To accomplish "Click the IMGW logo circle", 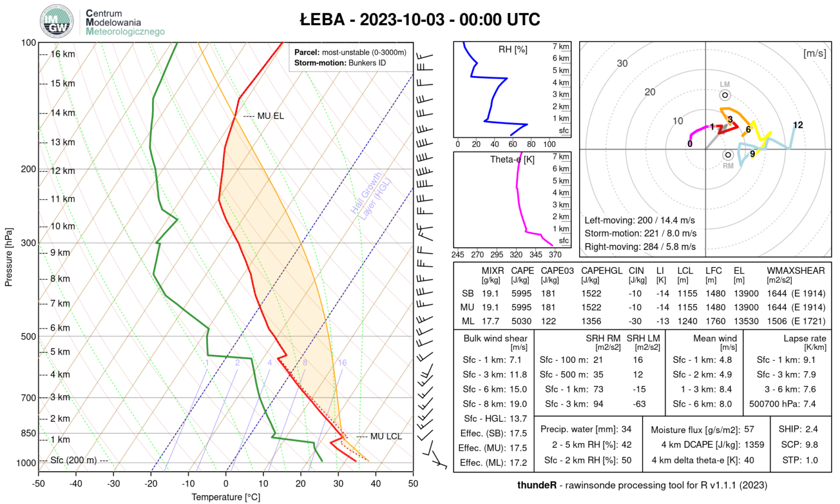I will (x=57, y=22).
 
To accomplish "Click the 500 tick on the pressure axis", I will (x=28, y=337).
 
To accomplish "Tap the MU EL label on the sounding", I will (x=271, y=116).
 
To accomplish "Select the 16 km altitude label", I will (x=63, y=54).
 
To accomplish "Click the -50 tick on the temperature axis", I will (x=38, y=484).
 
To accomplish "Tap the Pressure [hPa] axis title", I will (x=8, y=257).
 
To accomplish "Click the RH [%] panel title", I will (x=512, y=50).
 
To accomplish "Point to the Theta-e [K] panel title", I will (x=512, y=160).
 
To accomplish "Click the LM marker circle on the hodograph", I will (x=725, y=95).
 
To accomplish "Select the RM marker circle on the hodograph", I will (x=727, y=155).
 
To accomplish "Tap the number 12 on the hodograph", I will (x=798, y=125).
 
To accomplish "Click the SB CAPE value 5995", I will (x=522, y=294).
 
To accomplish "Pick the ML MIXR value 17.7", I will (x=491, y=321).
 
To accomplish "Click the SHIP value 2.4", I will (x=811, y=429).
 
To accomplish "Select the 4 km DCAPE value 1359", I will (x=754, y=444).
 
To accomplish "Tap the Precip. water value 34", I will (x=626, y=429).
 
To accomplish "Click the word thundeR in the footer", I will (x=536, y=485).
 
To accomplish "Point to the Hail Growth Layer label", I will (x=371, y=196).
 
